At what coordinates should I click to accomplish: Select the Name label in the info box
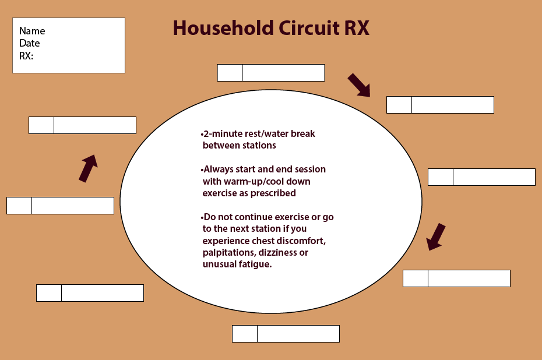[x=32, y=31]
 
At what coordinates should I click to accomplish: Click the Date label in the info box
[x=30, y=43]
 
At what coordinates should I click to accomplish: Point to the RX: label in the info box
[x=27, y=56]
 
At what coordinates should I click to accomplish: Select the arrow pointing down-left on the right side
[x=436, y=237]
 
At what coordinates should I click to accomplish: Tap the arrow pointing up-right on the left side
[x=88, y=168]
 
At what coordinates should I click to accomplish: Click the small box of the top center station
[x=230, y=73]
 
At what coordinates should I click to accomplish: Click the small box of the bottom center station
[x=245, y=334]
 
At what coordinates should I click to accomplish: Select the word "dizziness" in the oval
[x=276, y=253]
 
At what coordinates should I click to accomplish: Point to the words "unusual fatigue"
[x=237, y=264]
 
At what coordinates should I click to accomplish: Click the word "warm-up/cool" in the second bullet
[x=253, y=181]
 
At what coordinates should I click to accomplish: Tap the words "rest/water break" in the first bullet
[x=280, y=134]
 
